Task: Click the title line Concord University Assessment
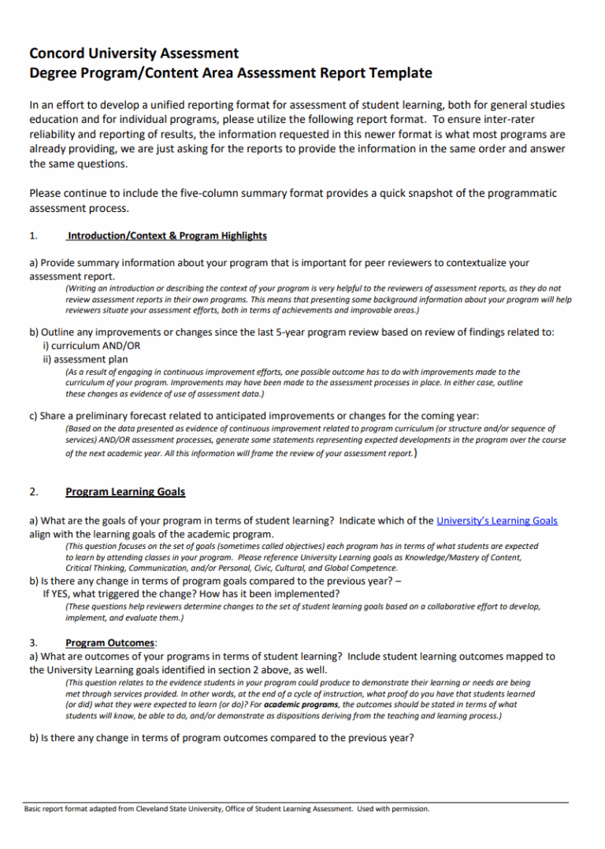pos(134,54)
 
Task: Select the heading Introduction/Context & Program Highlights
pos(167,235)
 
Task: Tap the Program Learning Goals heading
pos(125,491)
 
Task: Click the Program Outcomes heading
pos(110,643)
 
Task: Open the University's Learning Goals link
pos(497,521)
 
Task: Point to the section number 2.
pos(33,491)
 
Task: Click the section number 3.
pos(33,643)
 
